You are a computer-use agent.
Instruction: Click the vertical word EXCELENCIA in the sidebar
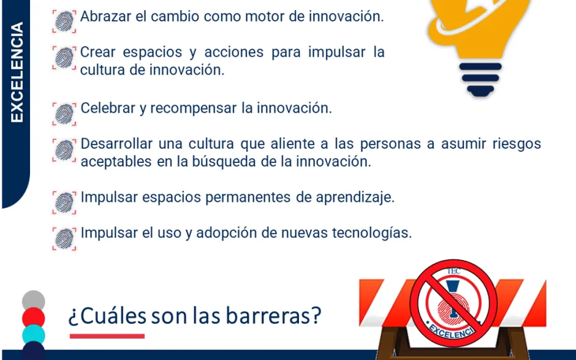17,72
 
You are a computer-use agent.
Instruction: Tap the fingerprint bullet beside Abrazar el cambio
64,21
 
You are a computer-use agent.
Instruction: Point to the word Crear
97,52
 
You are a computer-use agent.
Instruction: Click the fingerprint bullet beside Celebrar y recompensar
64,114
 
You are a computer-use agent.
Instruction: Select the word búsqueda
224,162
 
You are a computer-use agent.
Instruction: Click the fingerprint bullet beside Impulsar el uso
64,239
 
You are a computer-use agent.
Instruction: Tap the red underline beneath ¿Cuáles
107,336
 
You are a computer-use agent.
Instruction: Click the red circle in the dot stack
34,317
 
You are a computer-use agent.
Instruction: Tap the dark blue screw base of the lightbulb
480,79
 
